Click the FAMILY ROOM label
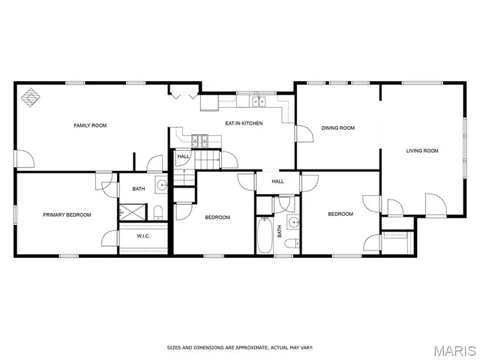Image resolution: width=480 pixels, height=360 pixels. tap(90, 125)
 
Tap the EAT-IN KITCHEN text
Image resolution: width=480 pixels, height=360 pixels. tap(244, 123)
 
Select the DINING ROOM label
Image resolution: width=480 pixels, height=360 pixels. tap(337, 127)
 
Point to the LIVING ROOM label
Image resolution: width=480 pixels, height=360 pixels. tap(422, 151)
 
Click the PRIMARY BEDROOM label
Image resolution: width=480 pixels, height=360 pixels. tap(67, 215)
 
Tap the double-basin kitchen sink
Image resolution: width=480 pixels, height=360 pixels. tap(259, 101)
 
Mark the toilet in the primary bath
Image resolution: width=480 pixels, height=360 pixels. tap(159, 211)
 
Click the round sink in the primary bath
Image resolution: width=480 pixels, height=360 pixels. tap(160, 184)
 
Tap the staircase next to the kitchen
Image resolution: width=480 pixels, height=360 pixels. tap(206, 159)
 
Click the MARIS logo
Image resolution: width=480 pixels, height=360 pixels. tap(454, 349)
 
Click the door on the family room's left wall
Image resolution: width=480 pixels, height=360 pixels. tap(25, 158)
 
